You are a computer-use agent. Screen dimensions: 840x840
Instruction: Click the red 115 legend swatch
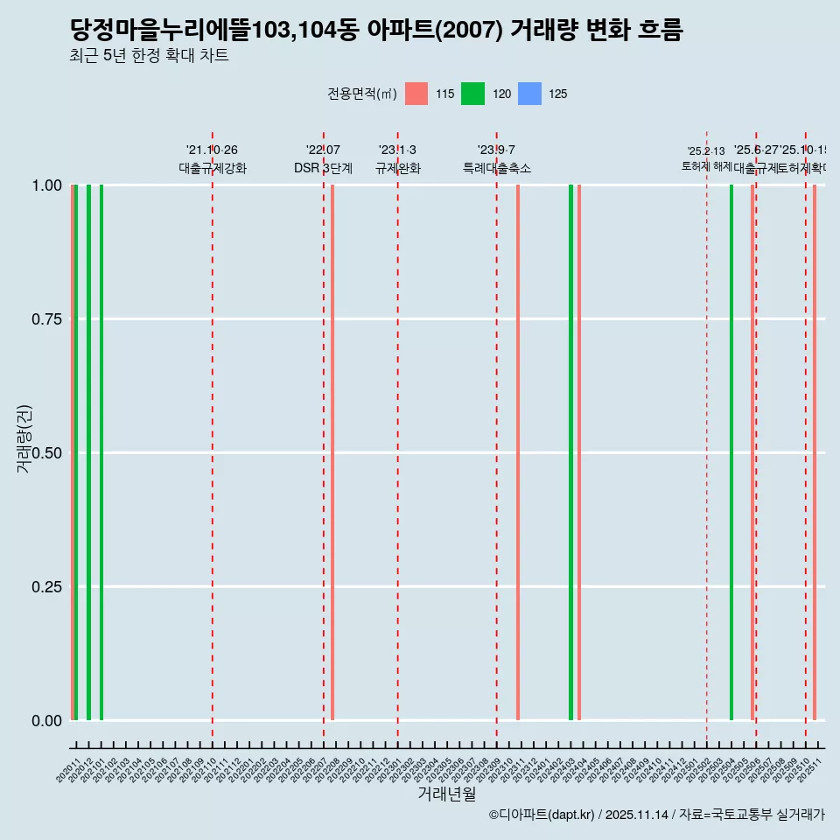(x=416, y=94)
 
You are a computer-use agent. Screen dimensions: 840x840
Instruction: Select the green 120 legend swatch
(x=472, y=94)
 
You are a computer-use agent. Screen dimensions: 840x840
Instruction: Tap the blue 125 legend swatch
(x=529, y=94)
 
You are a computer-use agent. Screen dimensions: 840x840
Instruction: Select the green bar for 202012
(x=88, y=452)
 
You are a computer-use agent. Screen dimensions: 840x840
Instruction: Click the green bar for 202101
(x=101, y=452)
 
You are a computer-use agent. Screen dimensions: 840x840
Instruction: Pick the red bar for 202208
(x=332, y=452)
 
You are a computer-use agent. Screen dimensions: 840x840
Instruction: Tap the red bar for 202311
(x=518, y=452)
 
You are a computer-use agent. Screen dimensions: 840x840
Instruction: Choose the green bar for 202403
(x=570, y=452)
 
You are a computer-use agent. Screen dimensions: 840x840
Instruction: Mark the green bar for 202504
(x=731, y=452)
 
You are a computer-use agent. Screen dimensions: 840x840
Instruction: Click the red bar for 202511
(x=815, y=452)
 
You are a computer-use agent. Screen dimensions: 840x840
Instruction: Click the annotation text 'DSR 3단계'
(x=323, y=169)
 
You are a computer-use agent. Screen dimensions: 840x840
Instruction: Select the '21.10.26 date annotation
(x=212, y=150)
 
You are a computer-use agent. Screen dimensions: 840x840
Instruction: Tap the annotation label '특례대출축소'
(x=497, y=169)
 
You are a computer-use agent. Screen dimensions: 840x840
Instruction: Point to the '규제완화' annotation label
(x=398, y=169)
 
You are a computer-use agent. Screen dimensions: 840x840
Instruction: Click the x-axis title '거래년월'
(x=446, y=794)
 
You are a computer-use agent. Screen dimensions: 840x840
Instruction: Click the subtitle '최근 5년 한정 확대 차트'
(x=149, y=56)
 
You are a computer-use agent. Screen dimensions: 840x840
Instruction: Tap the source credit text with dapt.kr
(x=656, y=815)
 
